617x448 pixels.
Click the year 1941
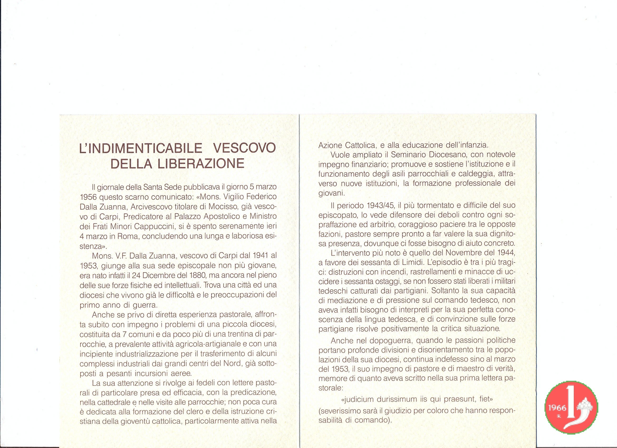[x=256, y=256]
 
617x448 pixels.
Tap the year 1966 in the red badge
[x=556, y=407]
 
